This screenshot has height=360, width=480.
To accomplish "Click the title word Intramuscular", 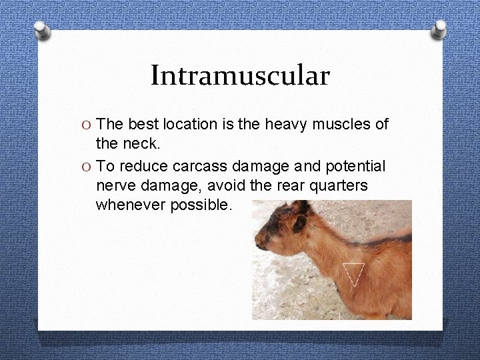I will [x=240, y=75].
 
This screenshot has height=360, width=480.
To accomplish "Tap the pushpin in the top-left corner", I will [x=41, y=31].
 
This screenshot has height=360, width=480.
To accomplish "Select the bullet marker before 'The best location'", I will [x=88, y=125].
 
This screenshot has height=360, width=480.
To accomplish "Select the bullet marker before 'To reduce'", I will [x=88, y=166].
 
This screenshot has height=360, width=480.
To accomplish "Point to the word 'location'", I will [x=191, y=124].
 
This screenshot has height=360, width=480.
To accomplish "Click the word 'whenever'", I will [x=127, y=205].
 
